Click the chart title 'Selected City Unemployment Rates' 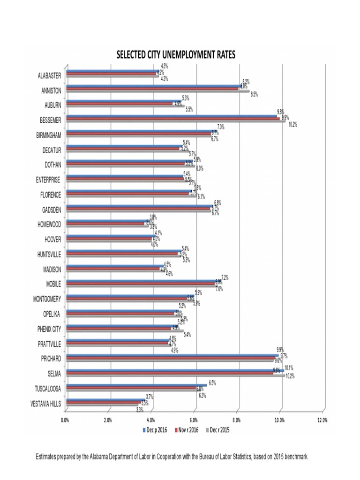coord(176,55)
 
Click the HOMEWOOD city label coord(49,224)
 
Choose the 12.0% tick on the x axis coord(322,420)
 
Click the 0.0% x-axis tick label coord(66,420)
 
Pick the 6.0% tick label coord(194,420)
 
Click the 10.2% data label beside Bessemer coord(293,124)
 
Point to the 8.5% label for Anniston coord(255,94)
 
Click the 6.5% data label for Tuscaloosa coord(212,383)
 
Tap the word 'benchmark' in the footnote coord(294,456)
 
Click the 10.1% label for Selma coord(289,368)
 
